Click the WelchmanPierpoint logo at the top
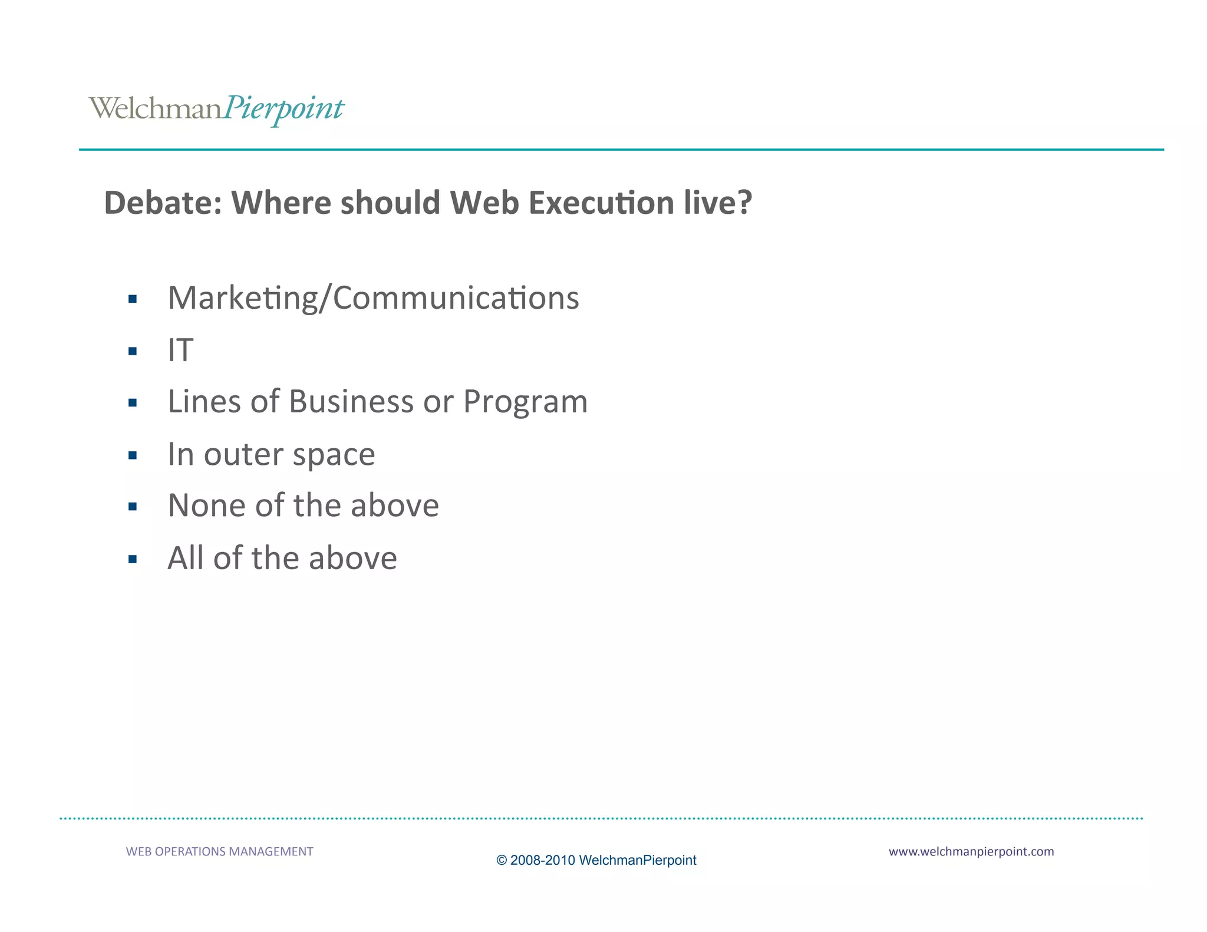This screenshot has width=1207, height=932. click(216, 109)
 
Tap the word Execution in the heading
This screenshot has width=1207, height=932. click(601, 203)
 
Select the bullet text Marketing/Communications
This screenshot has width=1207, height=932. click(373, 298)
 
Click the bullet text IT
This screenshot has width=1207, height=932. click(180, 351)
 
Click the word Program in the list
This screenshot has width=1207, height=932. click(525, 403)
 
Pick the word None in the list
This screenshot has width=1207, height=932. click(206, 505)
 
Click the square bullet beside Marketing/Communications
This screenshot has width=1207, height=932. click(133, 299)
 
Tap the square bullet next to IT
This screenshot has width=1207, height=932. click(133, 352)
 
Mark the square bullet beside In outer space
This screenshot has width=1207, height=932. click(133, 455)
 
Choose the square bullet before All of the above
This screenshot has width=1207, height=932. click(133, 559)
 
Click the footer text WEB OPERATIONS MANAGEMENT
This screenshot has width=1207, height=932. click(219, 851)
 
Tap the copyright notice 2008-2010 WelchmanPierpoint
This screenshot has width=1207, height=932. click(596, 860)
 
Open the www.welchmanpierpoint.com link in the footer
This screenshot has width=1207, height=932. click(971, 851)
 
